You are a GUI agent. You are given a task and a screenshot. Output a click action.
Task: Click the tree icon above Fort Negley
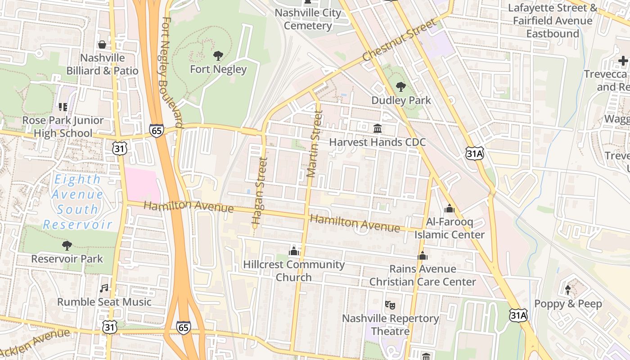(x=218, y=56)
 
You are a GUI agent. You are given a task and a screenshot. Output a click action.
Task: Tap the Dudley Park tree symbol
(x=400, y=87)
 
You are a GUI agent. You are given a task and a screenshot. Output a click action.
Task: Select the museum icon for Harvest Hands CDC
(x=378, y=129)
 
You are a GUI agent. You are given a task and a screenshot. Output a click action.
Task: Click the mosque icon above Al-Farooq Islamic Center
(x=449, y=208)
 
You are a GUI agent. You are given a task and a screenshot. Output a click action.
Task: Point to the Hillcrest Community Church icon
(x=294, y=251)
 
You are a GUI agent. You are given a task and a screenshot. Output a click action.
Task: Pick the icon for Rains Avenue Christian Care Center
(x=423, y=256)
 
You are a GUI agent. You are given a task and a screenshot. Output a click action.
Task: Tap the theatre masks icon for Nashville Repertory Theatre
(x=390, y=305)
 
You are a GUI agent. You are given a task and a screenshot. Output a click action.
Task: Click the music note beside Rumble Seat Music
(x=104, y=288)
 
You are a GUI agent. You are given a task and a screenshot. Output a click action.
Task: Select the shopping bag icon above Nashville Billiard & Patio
(x=102, y=45)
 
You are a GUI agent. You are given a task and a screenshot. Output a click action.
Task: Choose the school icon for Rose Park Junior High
(x=63, y=107)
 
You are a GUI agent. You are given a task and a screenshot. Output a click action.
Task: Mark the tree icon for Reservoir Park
(x=67, y=245)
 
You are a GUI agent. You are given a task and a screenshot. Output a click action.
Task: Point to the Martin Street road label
(x=314, y=144)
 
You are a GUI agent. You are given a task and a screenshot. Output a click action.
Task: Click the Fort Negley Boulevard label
(x=172, y=72)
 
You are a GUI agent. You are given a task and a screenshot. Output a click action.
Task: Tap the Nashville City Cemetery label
(x=308, y=19)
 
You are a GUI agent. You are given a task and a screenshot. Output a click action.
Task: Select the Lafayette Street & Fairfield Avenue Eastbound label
(x=553, y=21)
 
